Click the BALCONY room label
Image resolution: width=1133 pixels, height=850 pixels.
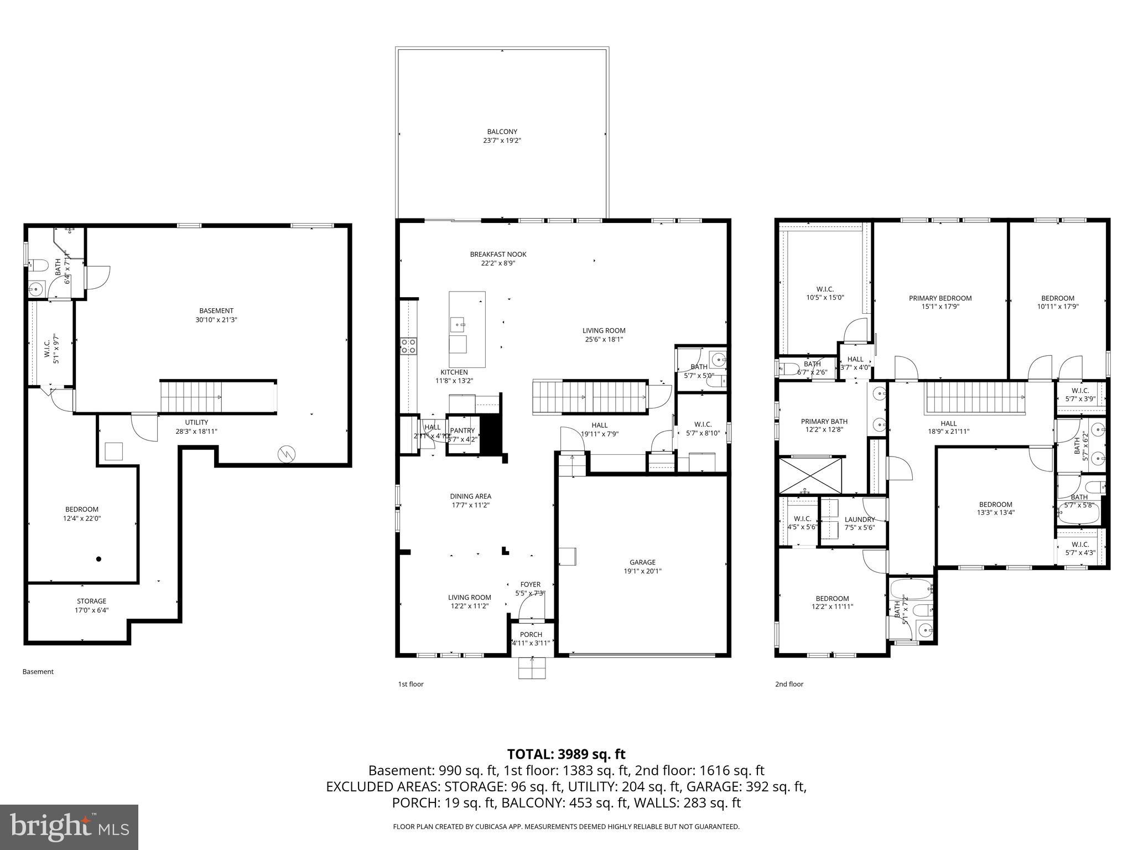click(x=502, y=132)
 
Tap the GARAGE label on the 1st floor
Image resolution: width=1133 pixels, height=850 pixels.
click(x=642, y=562)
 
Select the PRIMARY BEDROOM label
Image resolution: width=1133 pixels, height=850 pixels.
click(x=940, y=298)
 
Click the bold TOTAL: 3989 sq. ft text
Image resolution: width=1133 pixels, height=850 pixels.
click(x=566, y=754)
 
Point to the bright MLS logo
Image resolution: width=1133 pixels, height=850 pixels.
click(x=69, y=827)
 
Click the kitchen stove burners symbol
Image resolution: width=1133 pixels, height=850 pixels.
click(x=408, y=346)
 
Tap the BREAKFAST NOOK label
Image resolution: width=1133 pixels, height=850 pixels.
click(x=498, y=255)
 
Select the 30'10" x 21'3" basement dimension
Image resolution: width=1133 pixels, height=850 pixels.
click(x=216, y=320)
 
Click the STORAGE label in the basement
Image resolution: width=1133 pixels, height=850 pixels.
click(x=91, y=601)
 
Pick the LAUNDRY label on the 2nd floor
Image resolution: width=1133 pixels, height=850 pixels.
click(x=860, y=520)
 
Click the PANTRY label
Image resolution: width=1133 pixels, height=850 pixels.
click(x=462, y=431)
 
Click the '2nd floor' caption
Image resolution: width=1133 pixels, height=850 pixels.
click(x=789, y=684)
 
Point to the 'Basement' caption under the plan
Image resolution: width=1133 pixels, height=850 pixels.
click(x=38, y=672)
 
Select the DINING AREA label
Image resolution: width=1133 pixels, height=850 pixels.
click(x=470, y=496)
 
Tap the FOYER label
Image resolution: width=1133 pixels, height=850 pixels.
click(x=530, y=584)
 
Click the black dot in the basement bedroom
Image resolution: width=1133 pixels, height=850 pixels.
click(x=99, y=559)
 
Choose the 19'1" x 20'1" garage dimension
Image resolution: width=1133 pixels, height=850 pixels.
click(x=642, y=571)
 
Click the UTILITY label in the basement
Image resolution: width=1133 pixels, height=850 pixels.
click(x=196, y=422)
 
